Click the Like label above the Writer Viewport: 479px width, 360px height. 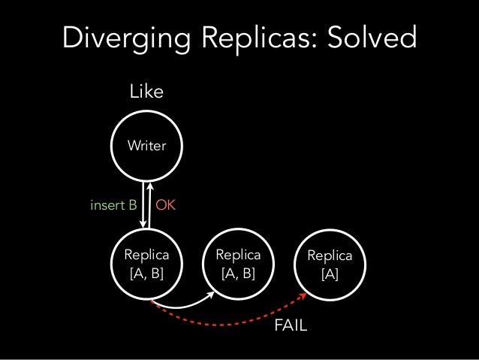(x=146, y=92)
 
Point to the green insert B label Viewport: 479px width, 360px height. (x=113, y=204)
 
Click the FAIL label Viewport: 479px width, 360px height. (x=292, y=326)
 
